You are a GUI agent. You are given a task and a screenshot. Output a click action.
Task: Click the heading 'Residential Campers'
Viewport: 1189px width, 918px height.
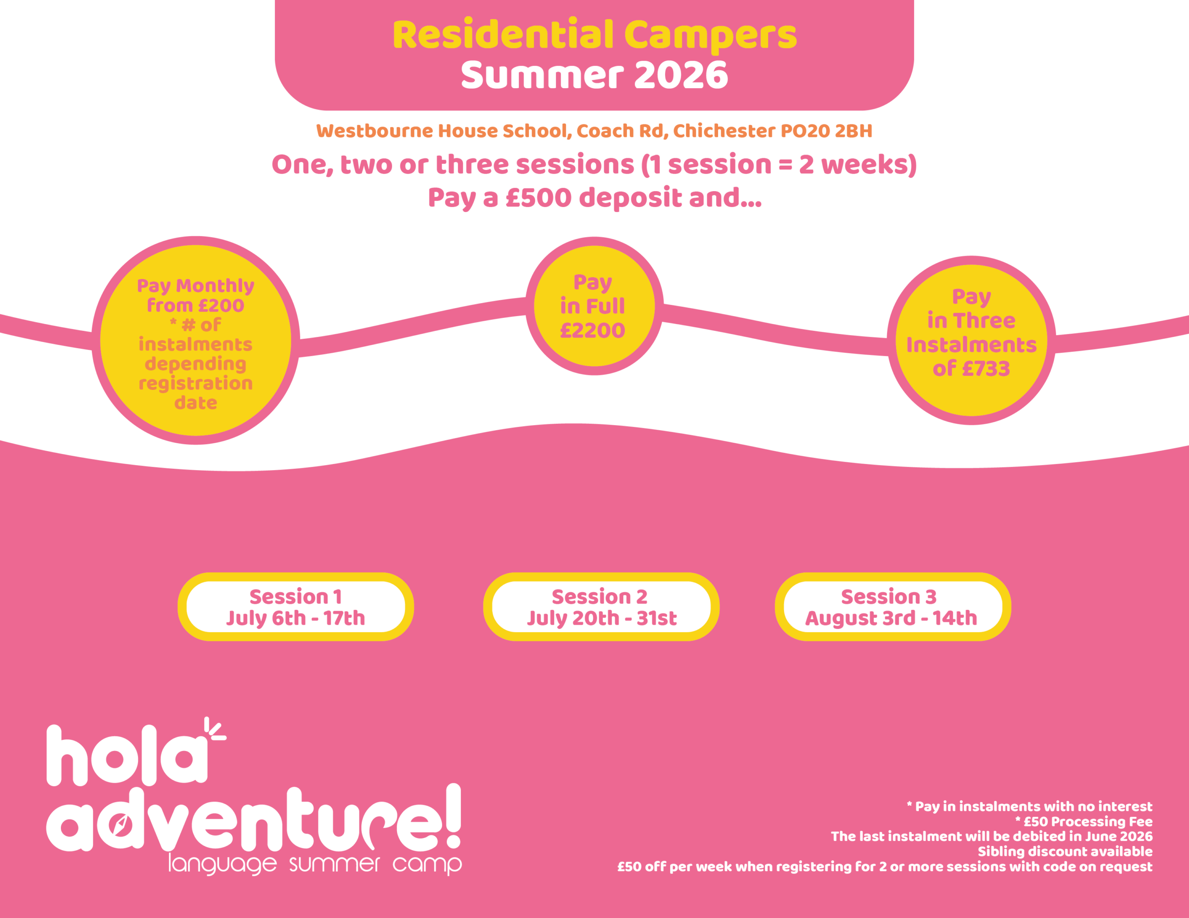594,35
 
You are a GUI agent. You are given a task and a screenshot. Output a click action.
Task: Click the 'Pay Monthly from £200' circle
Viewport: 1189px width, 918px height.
196,341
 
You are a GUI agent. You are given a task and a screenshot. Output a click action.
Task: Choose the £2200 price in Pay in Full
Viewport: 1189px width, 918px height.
592,330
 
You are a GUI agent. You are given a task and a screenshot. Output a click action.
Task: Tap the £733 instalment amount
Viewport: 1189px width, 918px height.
986,368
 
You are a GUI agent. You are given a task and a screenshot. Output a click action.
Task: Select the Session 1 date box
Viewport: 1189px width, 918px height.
295,607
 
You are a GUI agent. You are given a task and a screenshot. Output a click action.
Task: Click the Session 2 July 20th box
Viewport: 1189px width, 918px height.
601,607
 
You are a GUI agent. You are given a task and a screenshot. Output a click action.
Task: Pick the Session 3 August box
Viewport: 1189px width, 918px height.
893,607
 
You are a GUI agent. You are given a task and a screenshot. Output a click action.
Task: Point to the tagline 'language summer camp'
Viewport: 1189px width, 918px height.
315,864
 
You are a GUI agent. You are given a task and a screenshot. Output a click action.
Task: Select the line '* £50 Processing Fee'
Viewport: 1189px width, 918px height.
1084,821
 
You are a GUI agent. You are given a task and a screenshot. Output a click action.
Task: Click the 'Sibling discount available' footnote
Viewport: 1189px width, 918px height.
1065,851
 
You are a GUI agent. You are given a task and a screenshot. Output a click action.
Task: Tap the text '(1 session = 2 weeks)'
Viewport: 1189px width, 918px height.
779,164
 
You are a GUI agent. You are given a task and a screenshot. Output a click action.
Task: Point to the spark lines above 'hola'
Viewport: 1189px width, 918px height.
216,729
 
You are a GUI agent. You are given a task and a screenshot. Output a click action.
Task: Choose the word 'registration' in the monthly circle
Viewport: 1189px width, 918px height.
196,384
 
